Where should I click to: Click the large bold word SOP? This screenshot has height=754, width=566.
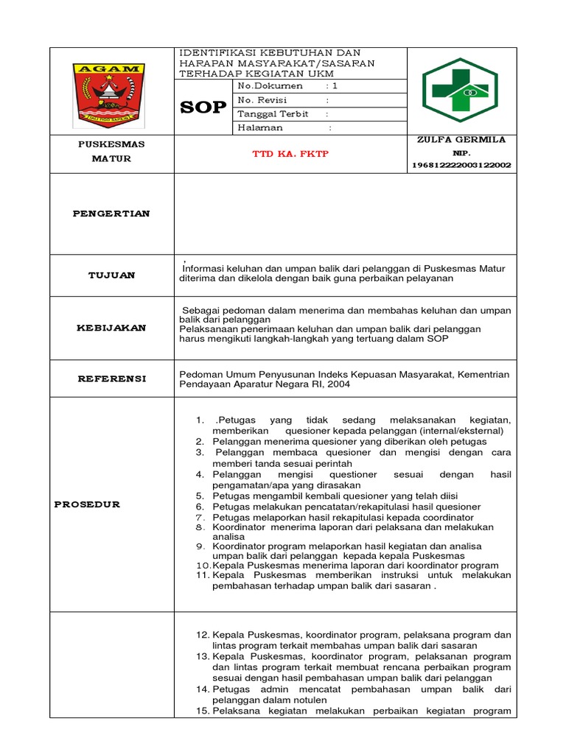tap(203, 108)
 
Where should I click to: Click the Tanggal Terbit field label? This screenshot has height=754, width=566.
tap(273, 114)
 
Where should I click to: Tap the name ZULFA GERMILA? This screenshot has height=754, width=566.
tap(461, 140)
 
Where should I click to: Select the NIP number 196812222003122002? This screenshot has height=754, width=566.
tap(461, 166)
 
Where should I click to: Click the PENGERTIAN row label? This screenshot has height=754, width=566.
tap(111, 214)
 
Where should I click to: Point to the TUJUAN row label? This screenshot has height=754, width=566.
tap(111, 275)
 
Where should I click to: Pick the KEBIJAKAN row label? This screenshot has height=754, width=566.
tap(111, 328)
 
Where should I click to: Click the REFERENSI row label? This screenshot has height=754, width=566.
tap(111, 378)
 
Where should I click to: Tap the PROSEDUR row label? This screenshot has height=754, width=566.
tap(87, 504)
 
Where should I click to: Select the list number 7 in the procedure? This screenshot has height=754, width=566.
tap(199, 518)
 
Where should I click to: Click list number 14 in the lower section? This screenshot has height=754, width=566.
tap(203, 689)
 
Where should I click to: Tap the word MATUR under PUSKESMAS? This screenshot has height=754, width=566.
tap(111, 158)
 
